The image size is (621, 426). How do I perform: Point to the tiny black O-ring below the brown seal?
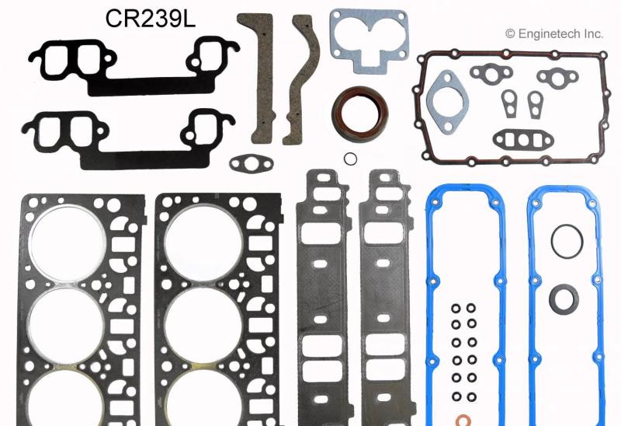click(x=350, y=159)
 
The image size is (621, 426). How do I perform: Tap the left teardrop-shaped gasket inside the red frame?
click(x=509, y=103)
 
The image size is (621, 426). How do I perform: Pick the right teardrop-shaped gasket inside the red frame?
click(x=536, y=103)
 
